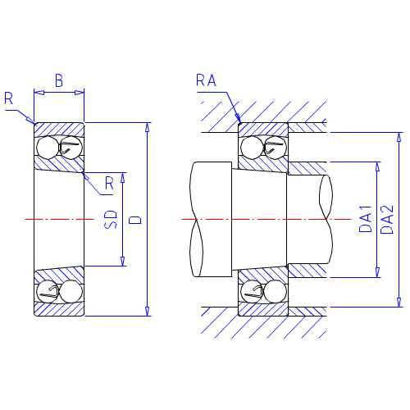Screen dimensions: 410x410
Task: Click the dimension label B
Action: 59,80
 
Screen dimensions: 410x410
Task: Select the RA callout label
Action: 206,80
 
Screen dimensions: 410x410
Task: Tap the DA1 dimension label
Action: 366,219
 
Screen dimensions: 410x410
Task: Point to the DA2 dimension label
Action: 387,220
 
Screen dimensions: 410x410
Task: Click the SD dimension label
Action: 111,219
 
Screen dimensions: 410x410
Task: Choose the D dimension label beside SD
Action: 135,220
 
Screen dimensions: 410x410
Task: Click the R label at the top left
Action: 8,98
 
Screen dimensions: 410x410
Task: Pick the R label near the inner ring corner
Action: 109,183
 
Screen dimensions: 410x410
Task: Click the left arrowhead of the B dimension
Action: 39,93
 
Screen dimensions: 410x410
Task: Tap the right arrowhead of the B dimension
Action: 80,93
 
